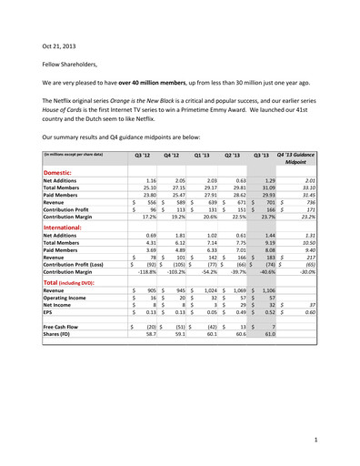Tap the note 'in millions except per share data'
[x=75, y=156]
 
